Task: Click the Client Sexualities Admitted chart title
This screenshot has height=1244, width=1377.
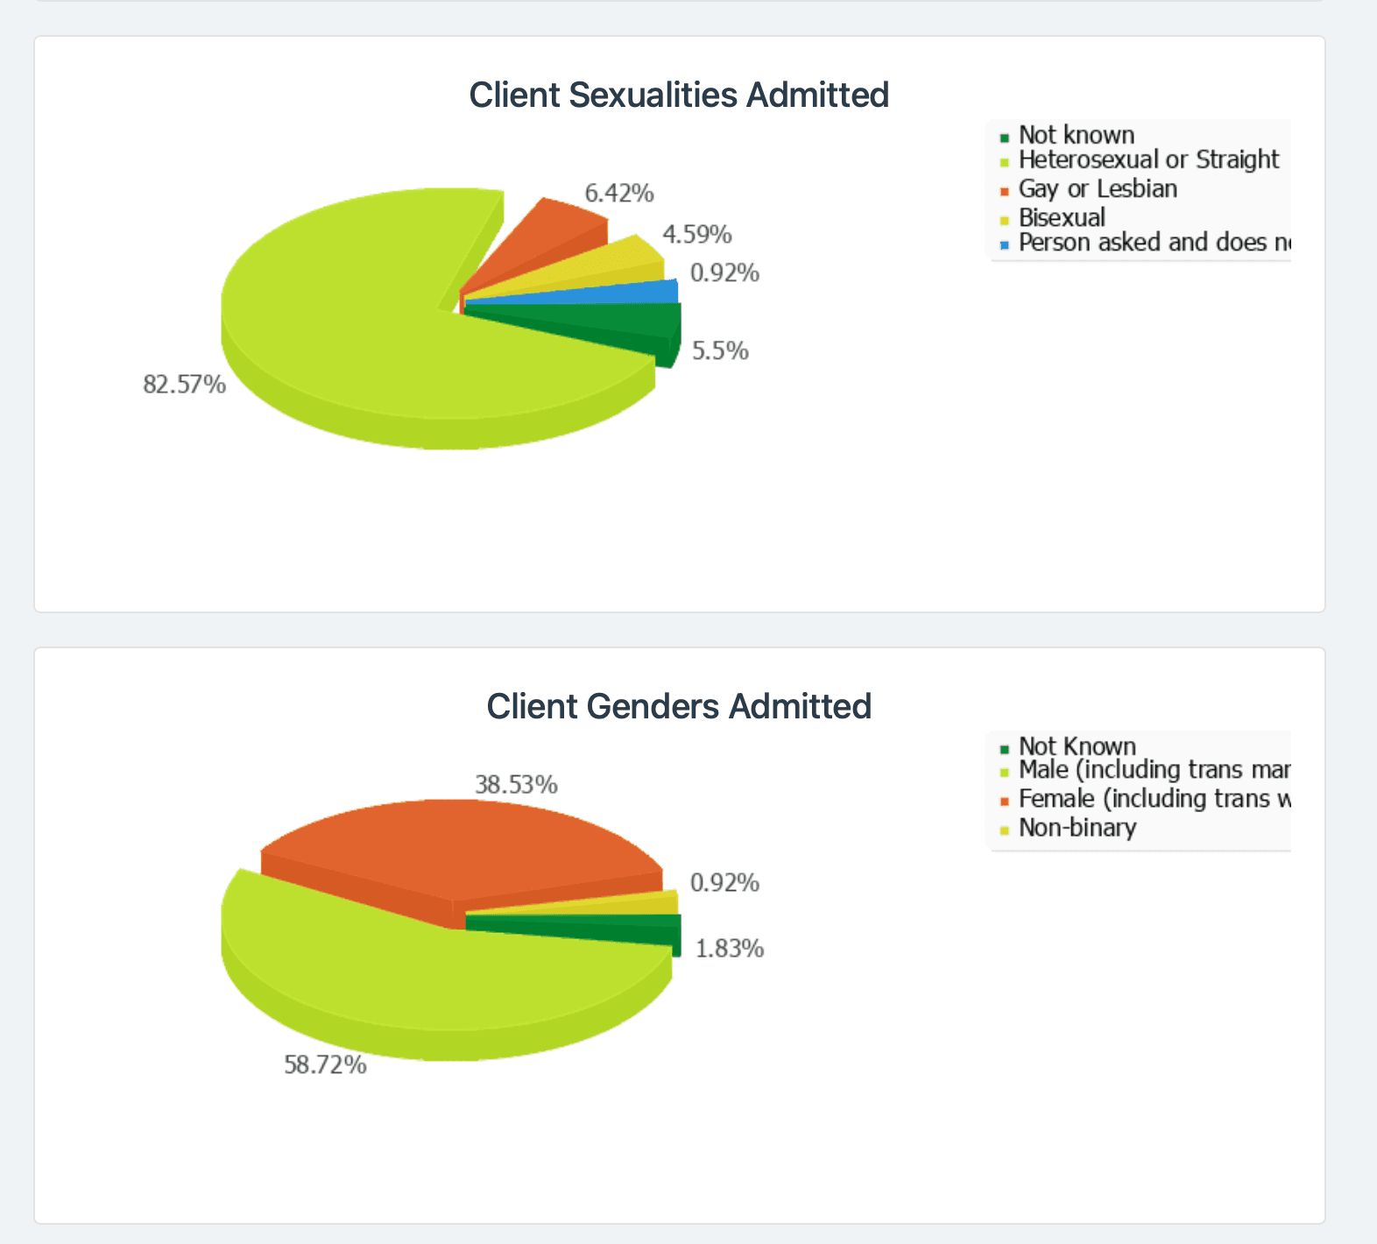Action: click(x=679, y=95)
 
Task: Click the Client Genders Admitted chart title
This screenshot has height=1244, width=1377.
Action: click(x=679, y=706)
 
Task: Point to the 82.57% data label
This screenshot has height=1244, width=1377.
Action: click(x=184, y=384)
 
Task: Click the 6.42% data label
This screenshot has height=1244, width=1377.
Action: click(x=619, y=193)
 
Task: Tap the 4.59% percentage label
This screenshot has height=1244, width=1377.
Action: click(x=696, y=235)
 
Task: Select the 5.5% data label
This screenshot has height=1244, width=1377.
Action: click(x=720, y=351)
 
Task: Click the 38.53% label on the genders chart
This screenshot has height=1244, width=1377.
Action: click(x=516, y=785)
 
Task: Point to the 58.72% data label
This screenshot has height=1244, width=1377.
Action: click(x=325, y=1065)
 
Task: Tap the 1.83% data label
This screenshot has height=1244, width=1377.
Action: click(x=730, y=949)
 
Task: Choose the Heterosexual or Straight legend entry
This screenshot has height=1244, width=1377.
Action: click(x=1147, y=159)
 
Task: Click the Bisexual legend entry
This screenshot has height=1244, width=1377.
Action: click(x=1062, y=217)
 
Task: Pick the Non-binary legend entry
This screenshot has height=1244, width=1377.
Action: click(x=1077, y=828)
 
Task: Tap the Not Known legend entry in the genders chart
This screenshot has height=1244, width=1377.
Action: click(x=1077, y=746)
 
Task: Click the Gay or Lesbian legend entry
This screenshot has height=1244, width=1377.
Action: click(x=1098, y=188)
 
